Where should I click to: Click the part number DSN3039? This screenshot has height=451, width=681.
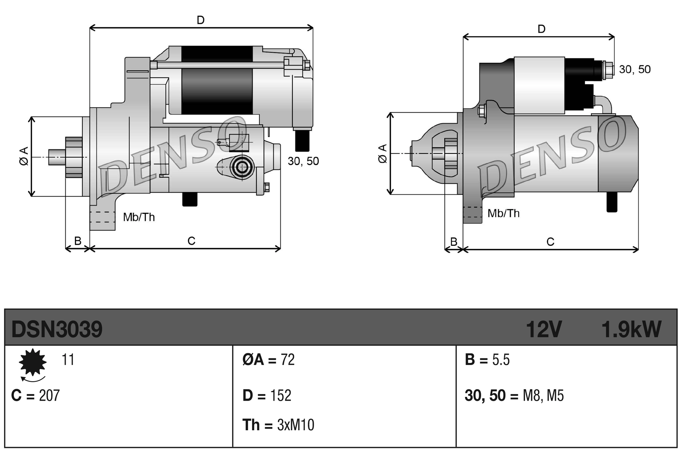[57, 329]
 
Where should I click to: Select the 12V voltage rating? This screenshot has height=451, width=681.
[543, 329]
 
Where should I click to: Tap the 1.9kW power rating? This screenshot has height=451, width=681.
[631, 329]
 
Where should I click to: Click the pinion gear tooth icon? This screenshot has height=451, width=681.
[33, 362]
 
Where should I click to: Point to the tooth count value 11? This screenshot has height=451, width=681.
[68, 360]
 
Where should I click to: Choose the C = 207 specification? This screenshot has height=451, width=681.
[35, 396]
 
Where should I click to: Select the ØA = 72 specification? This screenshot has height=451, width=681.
[268, 360]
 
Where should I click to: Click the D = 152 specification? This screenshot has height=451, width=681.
[267, 396]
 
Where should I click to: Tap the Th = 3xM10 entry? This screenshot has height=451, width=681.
[278, 425]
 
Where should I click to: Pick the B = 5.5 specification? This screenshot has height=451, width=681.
[487, 360]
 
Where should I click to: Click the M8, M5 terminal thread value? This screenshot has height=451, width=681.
[543, 396]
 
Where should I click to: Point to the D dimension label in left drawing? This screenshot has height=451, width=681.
[201, 20]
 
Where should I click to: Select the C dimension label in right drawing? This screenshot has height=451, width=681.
[550, 242]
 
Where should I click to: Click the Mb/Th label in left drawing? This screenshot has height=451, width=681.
[139, 217]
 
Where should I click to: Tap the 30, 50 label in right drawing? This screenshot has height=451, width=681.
[634, 69]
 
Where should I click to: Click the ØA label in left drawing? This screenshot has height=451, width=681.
[24, 156]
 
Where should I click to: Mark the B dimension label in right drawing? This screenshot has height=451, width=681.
[454, 241]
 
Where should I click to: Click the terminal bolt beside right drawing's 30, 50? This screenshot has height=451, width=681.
[608, 70]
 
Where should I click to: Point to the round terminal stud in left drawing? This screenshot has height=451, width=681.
[242, 167]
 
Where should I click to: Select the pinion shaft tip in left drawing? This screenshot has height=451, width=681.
[56, 157]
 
